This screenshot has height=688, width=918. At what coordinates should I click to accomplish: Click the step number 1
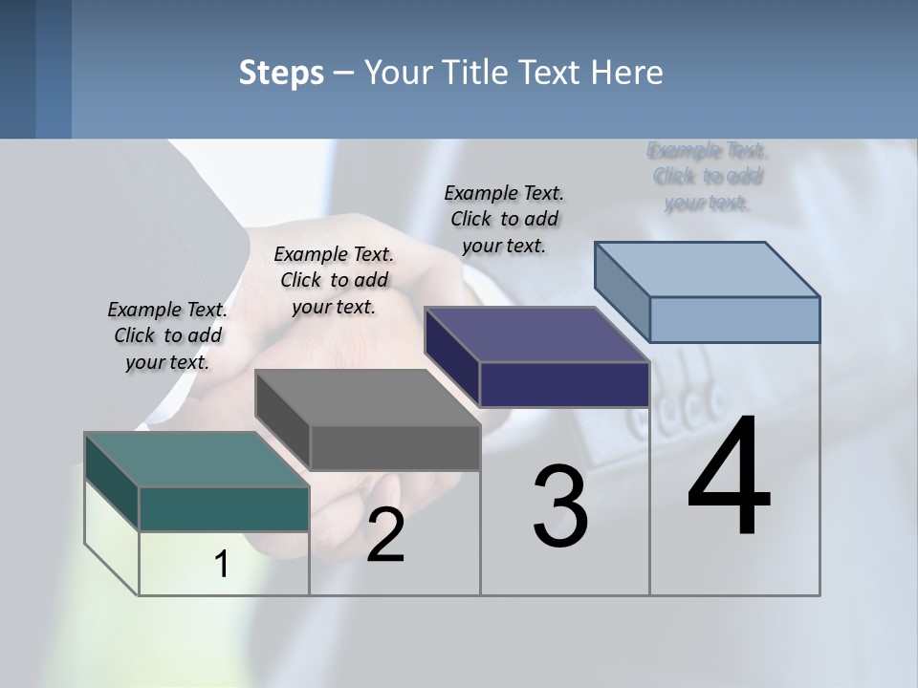coord(222,565)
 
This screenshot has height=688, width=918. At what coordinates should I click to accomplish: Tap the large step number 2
coord(385,535)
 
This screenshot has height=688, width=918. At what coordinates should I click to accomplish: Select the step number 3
coord(560,506)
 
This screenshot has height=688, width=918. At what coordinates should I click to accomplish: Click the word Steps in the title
coord(281,73)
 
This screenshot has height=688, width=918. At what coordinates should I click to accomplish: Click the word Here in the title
coord(627,73)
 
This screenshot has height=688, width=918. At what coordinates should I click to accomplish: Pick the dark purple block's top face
coord(535,334)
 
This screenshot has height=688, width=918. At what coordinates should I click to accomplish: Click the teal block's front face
coord(224,508)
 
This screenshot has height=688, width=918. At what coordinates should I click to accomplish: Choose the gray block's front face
coord(395,447)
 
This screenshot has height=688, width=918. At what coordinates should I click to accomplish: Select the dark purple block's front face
coord(564,384)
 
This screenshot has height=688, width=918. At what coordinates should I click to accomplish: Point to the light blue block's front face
coord(734,319)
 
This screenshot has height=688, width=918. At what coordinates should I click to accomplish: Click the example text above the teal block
coord(167,336)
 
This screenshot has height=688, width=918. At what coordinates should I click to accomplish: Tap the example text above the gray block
coord(334,280)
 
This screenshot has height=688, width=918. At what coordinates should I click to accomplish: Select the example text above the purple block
coord(504,219)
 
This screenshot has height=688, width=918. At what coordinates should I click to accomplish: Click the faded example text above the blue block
coord(708,177)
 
